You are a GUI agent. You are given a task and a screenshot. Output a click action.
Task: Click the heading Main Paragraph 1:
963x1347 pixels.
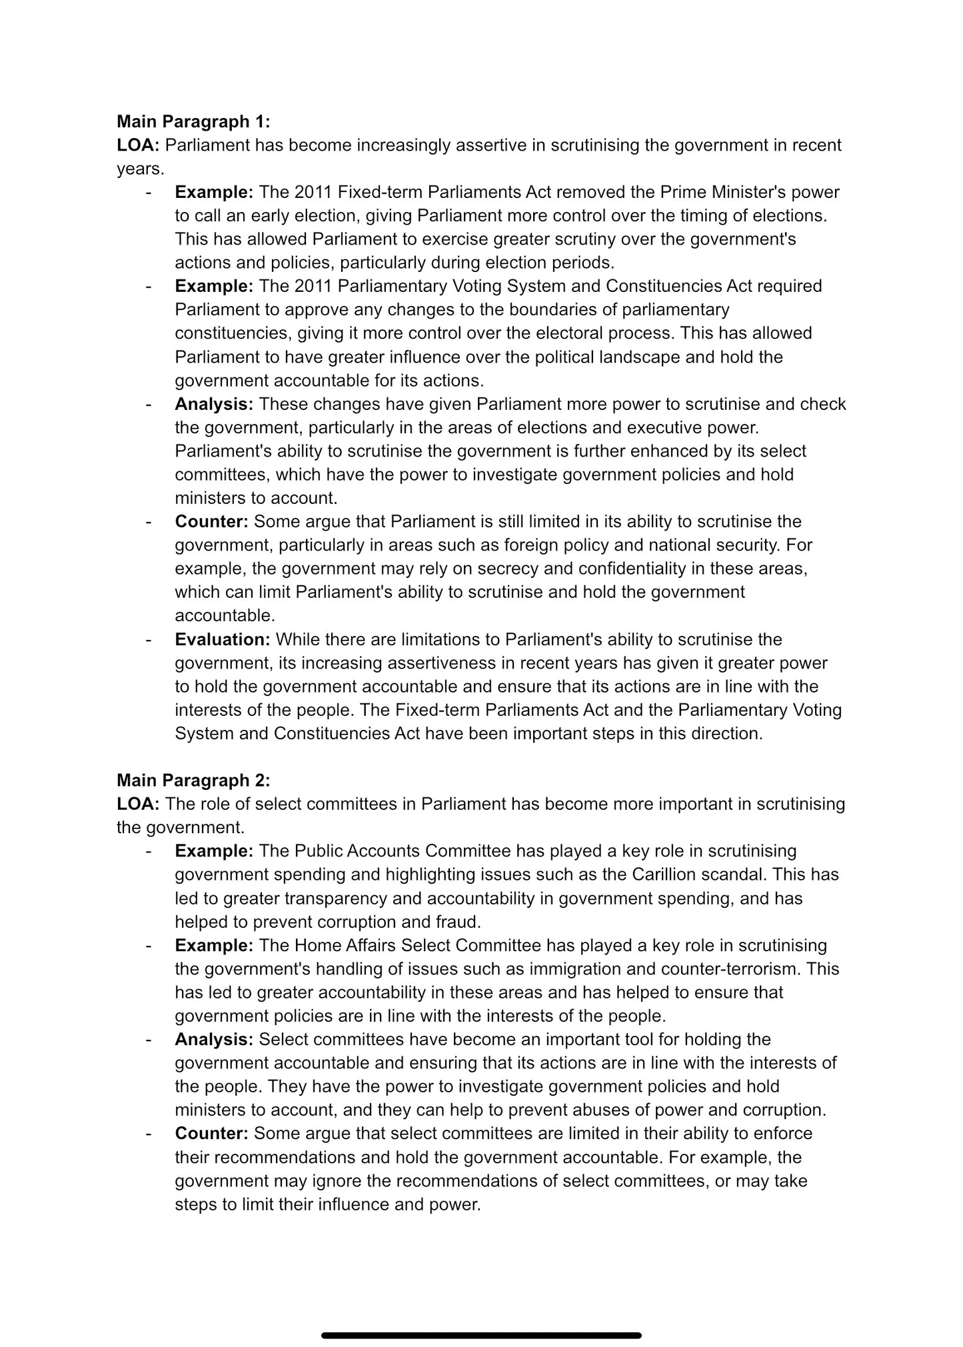(193, 121)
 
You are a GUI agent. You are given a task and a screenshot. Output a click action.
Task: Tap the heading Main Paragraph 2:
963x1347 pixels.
(193, 780)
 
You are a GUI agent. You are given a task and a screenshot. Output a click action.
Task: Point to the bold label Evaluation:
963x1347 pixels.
(222, 639)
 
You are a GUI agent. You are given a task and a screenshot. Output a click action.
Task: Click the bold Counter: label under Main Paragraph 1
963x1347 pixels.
(211, 521)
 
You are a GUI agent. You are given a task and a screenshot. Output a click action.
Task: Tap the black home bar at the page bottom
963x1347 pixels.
(481, 1317)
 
